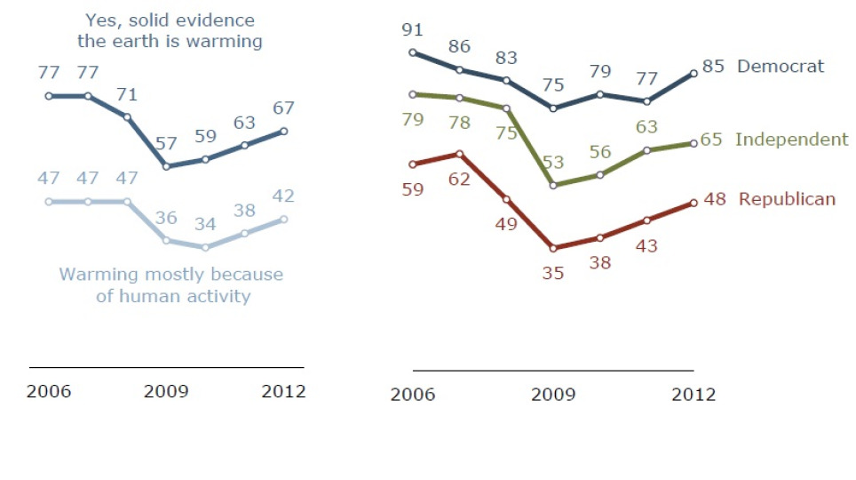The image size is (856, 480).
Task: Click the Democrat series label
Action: [781, 66]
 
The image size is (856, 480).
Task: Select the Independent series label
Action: [793, 139]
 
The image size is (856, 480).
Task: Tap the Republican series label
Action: [787, 199]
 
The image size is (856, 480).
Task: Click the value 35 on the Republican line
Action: [554, 274]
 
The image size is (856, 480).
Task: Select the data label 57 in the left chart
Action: [165, 142]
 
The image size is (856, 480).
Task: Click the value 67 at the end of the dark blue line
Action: [283, 108]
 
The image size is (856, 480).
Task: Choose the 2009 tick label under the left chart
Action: [166, 391]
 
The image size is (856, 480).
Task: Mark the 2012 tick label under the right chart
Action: [693, 395]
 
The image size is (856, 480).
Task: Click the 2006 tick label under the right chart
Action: [413, 395]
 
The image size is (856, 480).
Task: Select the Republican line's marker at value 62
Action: [460, 154]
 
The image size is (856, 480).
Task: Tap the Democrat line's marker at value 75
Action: [554, 108]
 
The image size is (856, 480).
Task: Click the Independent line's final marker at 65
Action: [694, 143]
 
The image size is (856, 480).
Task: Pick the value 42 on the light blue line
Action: [283, 196]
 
